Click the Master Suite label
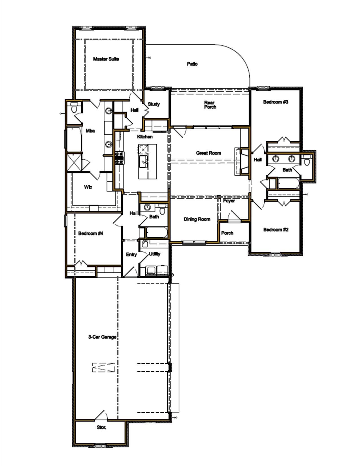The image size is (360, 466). coord(106,59)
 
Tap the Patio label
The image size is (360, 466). coord(192,64)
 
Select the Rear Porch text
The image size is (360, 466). coord(210,105)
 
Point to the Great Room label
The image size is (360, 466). coord(208,153)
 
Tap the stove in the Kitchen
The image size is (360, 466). coord(119,158)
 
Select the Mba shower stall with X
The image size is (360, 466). coord(74,162)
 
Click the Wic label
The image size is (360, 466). coord(88,187)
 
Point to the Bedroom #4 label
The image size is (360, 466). coord(91,233)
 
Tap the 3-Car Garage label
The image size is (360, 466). coord(102,337)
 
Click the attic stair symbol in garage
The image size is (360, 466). coord(103,367)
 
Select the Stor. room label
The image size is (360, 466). coord(101,428)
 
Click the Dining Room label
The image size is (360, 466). coord(197,219)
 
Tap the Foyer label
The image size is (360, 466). coord(229,201)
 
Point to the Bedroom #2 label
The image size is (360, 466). coord(276,230)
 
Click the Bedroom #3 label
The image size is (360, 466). coord(276,102)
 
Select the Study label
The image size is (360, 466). coord(154,104)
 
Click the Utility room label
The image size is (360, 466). coord(154,254)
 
